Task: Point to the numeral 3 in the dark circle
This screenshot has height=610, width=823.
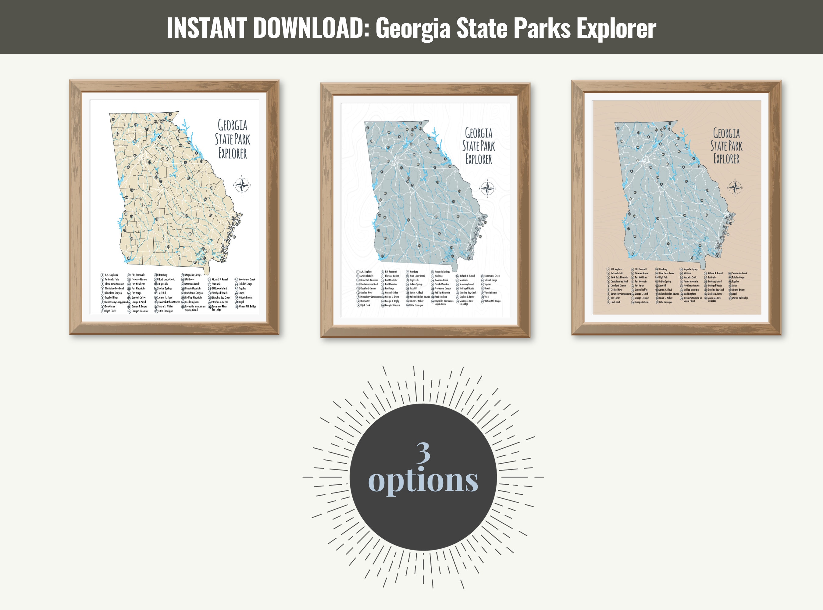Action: tap(423, 453)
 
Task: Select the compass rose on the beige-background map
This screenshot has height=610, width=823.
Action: tap(735, 187)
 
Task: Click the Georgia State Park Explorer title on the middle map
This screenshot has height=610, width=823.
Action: tap(479, 146)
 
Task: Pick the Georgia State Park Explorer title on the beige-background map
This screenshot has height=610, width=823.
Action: tap(726, 146)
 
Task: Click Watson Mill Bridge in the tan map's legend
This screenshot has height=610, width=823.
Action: tap(247, 307)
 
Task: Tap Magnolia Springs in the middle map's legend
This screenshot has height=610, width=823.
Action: tap(442, 272)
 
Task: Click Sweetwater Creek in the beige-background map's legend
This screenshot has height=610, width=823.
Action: tap(739, 273)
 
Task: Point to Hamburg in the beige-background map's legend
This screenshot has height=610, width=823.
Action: tap(663, 269)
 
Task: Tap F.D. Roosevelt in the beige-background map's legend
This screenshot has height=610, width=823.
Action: tap(640, 269)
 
